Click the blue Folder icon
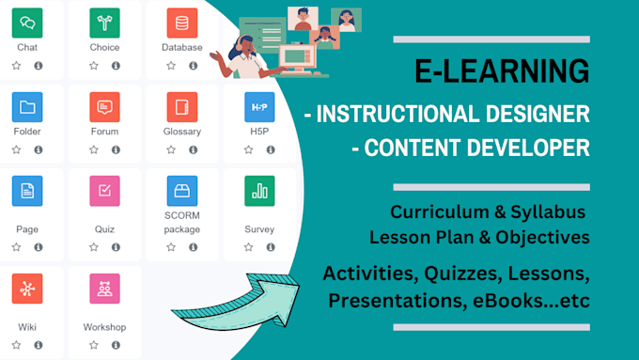pyautogui.click(x=27, y=106)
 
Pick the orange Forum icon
pyautogui.click(x=104, y=106)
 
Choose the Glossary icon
pyautogui.click(x=181, y=106)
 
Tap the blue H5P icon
pyautogui.click(x=258, y=106)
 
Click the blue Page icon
pyautogui.click(x=27, y=191)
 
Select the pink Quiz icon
pyautogui.click(x=104, y=191)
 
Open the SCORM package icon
pyautogui.click(x=181, y=191)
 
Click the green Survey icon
pyautogui.click(x=258, y=191)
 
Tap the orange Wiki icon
pyautogui.click(x=27, y=288)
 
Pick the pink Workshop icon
pyautogui.click(x=104, y=288)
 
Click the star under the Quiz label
pyautogui.click(x=93, y=247)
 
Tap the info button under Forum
pyautogui.click(x=116, y=149)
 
